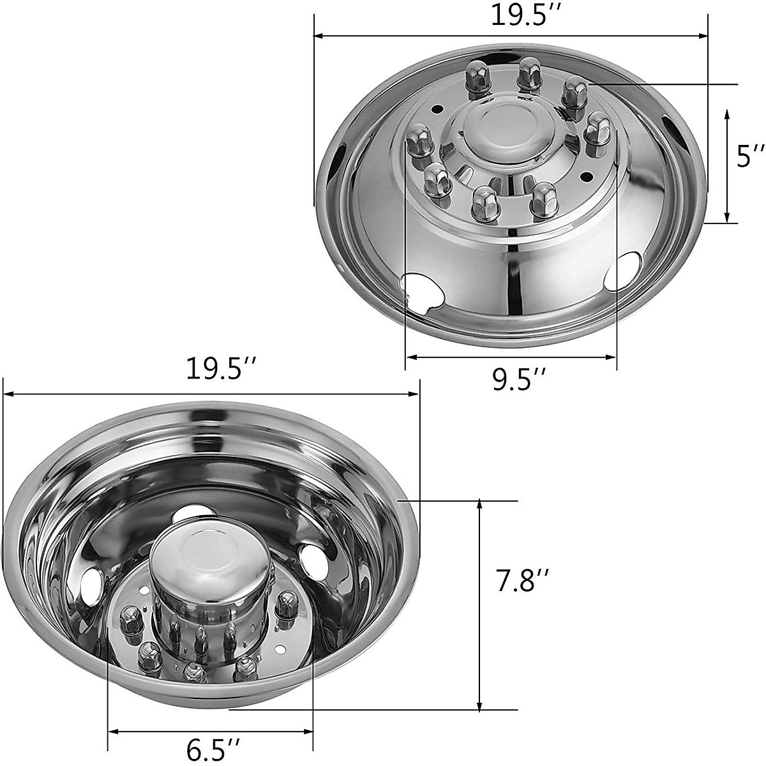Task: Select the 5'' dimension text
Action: pyautogui.click(x=751, y=156)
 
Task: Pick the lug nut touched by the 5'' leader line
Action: pyautogui.click(x=574, y=92)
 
